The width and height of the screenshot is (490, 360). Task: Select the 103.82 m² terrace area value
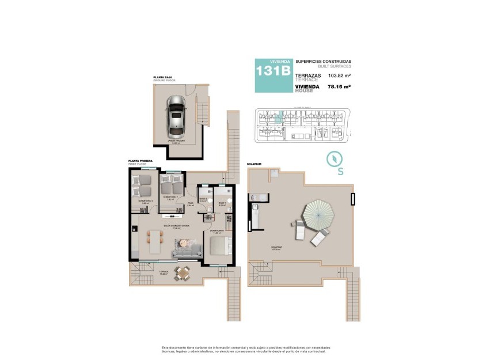pyautogui.click(x=340, y=75)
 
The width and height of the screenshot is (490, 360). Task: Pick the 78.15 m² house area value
pyautogui.click(x=339, y=87)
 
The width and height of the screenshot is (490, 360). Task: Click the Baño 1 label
pyautogui.click(x=222, y=203)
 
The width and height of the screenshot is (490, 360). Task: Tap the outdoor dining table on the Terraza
pyautogui.click(x=183, y=273)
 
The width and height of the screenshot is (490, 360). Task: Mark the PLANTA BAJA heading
pyautogui.click(x=164, y=77)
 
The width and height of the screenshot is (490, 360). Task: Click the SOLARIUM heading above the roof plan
pyautogui.click(x=254, y=164)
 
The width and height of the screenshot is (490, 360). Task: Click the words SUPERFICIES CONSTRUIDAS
pyautogui.click(x=323, y=61)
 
